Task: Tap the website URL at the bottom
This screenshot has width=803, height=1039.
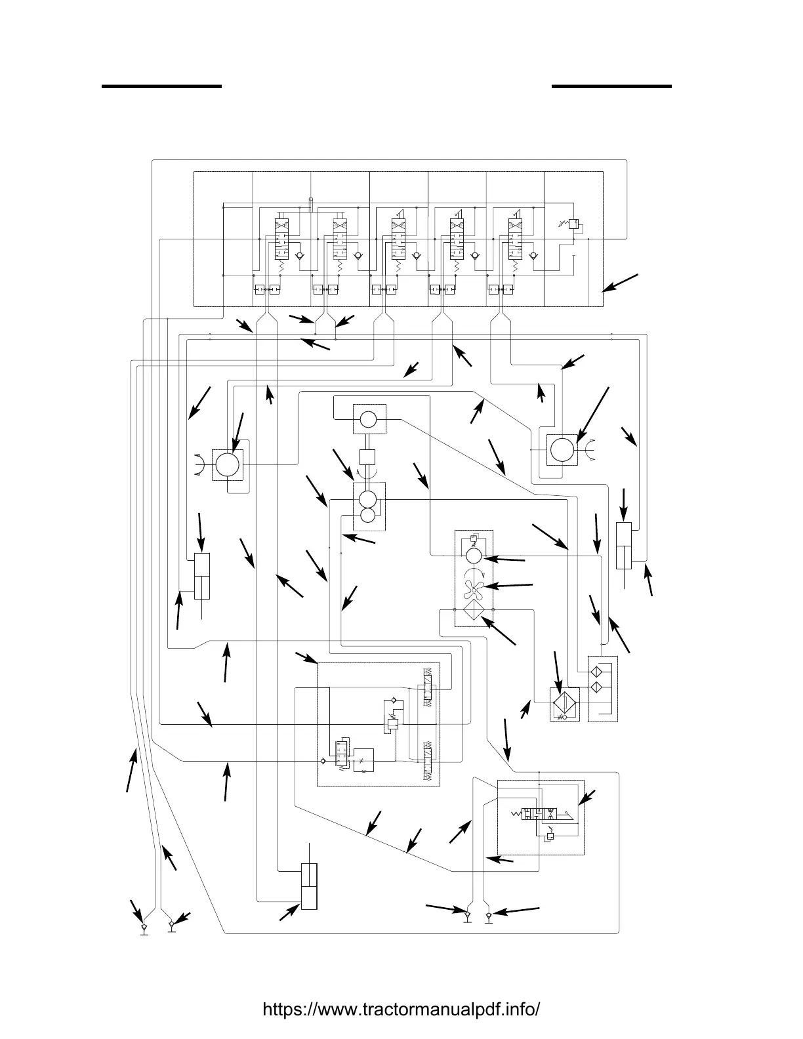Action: [401, 1009]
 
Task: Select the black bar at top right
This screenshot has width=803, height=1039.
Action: [611, 85]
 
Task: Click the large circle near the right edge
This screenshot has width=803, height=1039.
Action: [562, 451]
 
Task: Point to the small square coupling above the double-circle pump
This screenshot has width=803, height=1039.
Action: [367, 457]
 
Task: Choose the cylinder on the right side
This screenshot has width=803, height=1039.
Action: [624, 546]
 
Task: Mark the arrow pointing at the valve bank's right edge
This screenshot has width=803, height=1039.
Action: [620, 283]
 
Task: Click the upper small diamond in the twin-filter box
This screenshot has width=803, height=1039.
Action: [596, 673]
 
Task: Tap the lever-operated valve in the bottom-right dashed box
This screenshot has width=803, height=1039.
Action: [541, 814]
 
